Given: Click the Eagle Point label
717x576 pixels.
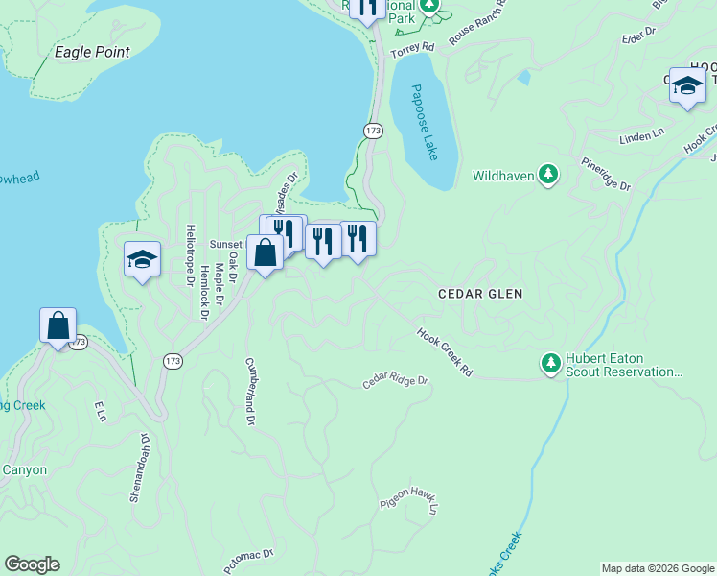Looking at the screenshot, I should click(x=92, y=52).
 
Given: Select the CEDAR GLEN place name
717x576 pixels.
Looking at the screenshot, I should click(x=480, y=294).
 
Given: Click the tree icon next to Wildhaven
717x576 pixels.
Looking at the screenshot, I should click(x=547, y=175).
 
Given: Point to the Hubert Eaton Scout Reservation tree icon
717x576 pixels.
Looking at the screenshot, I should click(x=550, y=363).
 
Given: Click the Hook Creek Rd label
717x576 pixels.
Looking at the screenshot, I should click(x=445, y=352).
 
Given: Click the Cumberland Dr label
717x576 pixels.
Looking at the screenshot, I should click(x=250, y=392).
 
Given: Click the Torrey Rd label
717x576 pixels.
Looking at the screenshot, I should click(x=413, y=46).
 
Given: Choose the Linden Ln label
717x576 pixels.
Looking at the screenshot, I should click(x=641, y=136).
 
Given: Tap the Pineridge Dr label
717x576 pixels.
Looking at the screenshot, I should click(x=607, y=174).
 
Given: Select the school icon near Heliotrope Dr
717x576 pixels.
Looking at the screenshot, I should click(x=142, y=259).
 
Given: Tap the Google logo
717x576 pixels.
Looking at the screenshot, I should click(x=32, y=564).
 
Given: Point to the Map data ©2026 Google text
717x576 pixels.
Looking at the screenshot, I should click(x=657, y=568).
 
